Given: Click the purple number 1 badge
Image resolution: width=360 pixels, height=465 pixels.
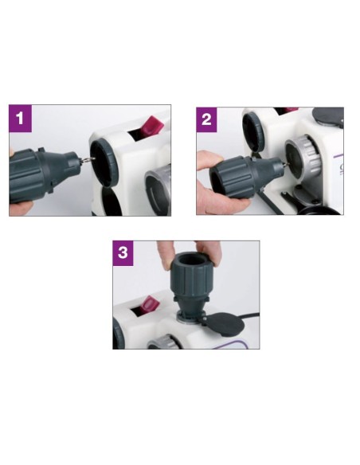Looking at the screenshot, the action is [x=20, y=119].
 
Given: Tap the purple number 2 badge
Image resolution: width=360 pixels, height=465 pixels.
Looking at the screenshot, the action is [x=206, y=119].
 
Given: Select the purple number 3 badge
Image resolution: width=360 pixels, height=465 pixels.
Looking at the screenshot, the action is [x=123, y=253].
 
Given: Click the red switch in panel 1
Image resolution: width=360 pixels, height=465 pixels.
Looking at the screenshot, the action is [x=153, y=126].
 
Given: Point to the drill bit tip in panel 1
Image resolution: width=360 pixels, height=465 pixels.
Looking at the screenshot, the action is [x=94, y=159].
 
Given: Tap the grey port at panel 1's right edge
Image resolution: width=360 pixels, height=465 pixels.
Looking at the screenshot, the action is [x=158, y=190].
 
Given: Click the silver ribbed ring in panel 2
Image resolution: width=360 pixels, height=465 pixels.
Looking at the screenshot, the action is [x=304, y=159].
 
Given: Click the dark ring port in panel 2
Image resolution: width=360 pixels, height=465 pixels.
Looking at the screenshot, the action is [x=253, y=131].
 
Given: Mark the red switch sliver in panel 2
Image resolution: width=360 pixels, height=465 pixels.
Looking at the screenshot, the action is [x=292, y=110].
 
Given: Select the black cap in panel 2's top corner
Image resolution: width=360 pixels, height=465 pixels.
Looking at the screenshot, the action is [x=328, y=116].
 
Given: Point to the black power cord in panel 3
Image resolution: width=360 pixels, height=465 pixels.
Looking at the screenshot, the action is [x=250, y=316].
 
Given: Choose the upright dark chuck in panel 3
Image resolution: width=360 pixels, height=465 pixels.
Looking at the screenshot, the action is [x=191, y=286].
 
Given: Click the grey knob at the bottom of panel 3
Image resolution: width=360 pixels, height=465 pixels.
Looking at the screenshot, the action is [x=163, y=342].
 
